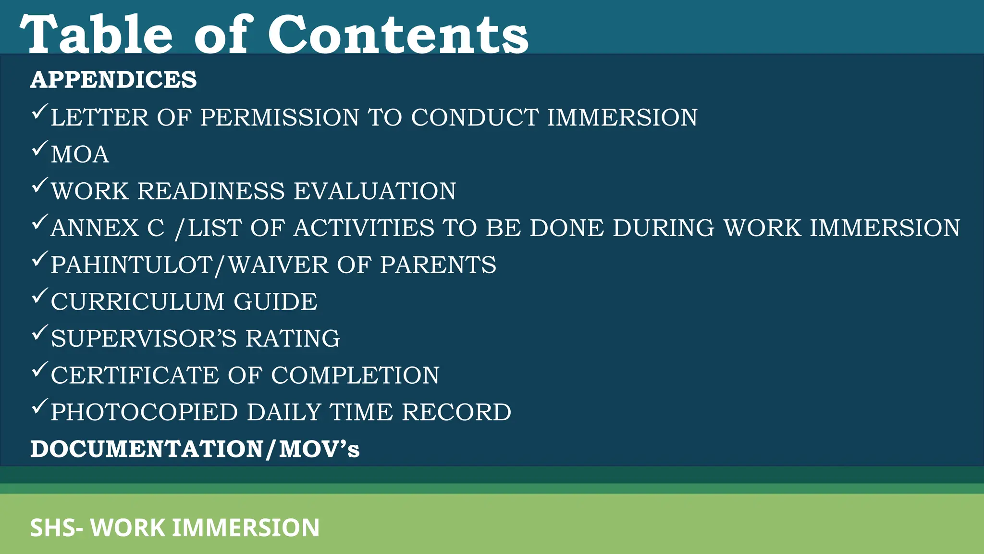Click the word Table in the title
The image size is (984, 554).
pos(96,35)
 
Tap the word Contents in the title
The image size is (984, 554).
pos(398,35)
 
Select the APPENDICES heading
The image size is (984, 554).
pos(113,80)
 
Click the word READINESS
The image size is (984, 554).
pos(211,191)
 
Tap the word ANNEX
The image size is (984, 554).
pos(95,228)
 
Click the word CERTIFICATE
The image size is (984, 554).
pos(135,376)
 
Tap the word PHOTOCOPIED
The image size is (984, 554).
pos(144,413)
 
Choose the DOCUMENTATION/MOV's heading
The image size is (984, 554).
pos(195,449)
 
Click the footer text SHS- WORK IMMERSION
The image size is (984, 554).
pos(175,528)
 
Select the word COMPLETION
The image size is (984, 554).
pos(355,376)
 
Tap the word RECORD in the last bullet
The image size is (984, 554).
pos(456,413)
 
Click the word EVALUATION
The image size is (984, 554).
pos(375,191)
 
